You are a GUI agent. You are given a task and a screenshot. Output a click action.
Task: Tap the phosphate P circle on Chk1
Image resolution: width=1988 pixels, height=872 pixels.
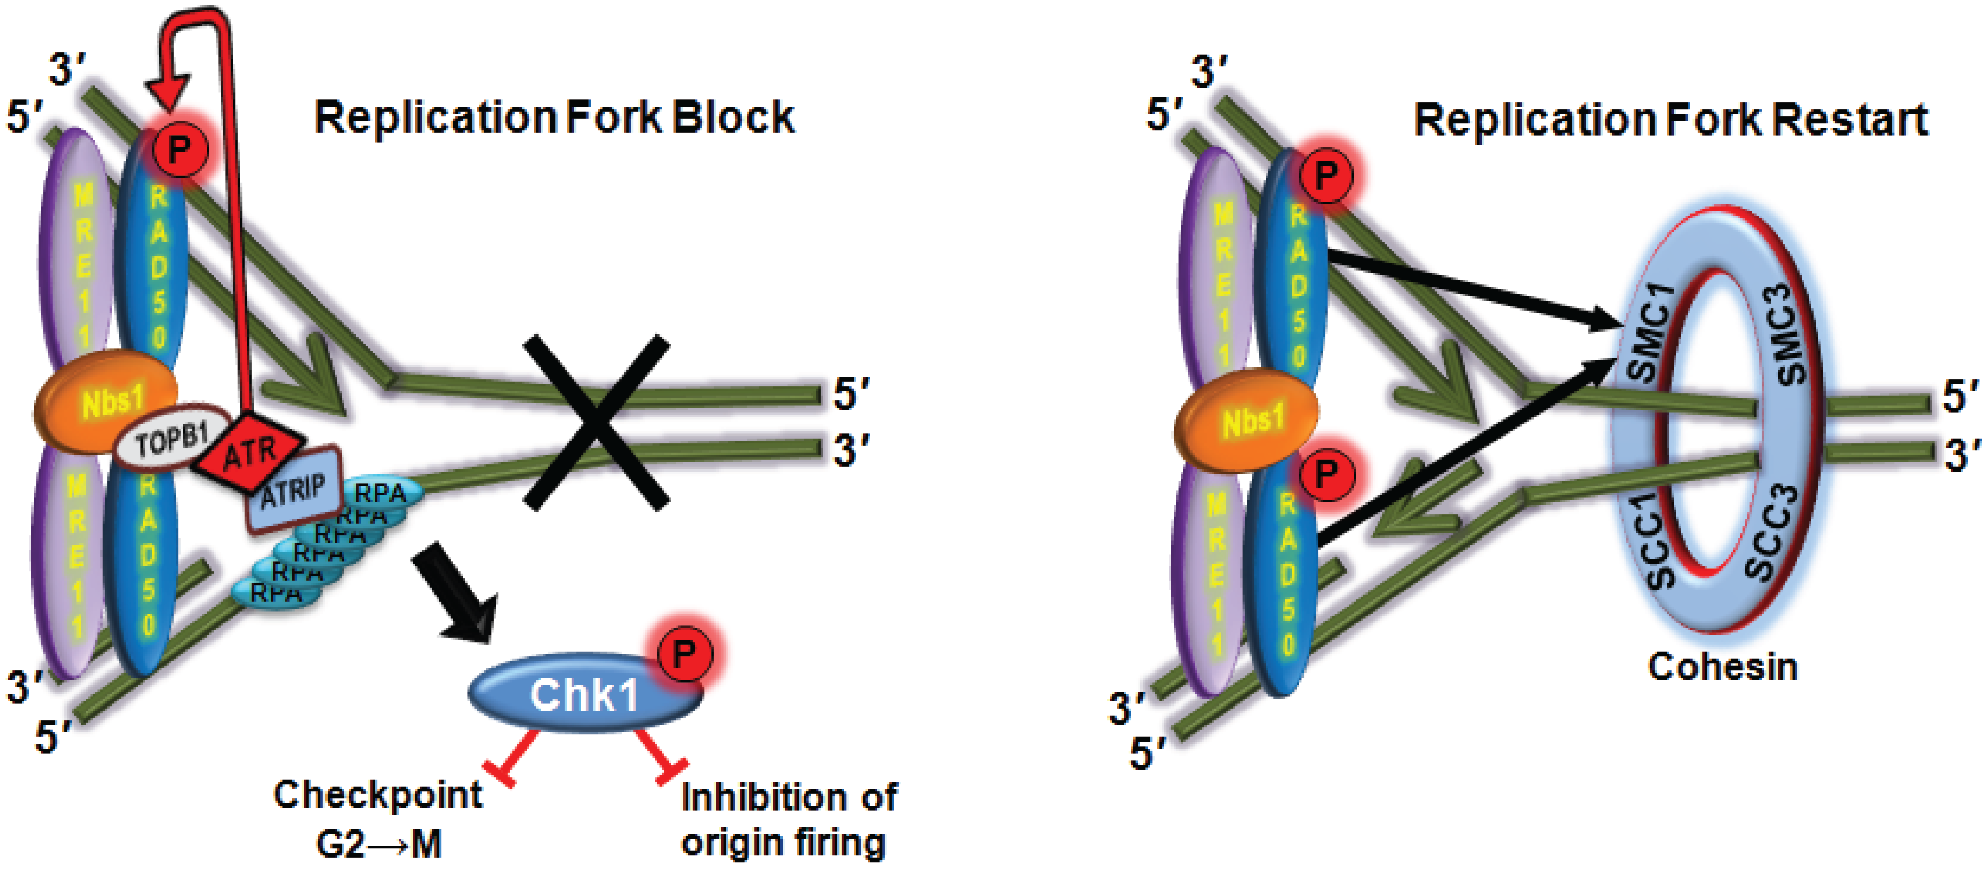685,654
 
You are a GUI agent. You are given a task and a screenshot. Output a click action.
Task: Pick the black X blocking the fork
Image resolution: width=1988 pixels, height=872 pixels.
596,422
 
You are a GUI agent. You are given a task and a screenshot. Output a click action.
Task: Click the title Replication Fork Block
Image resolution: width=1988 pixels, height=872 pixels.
554,118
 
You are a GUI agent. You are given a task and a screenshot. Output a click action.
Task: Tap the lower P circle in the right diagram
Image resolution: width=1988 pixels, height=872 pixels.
1326,474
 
